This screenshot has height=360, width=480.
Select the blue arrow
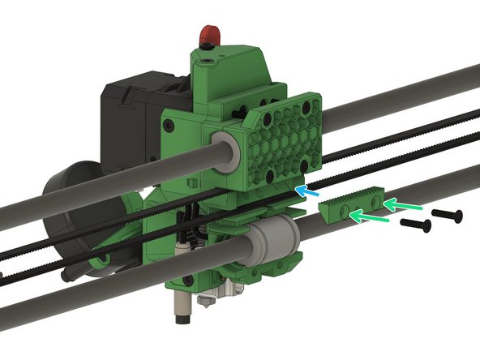[306, 192]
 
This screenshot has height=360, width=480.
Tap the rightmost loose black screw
[447, 215]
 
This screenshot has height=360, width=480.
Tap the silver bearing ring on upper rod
[229, 152]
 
